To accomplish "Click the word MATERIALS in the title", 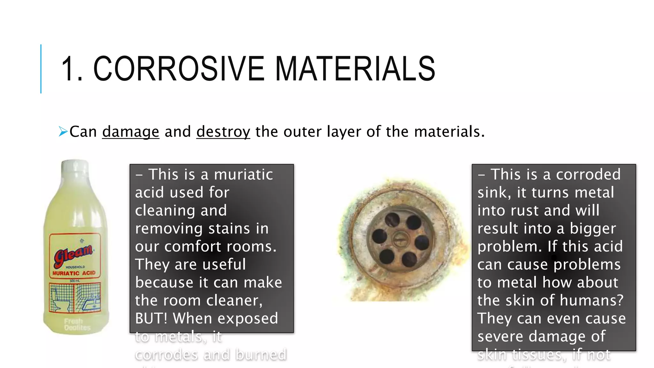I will (355, 68).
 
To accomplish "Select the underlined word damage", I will (131, 132).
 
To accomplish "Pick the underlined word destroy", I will (223, 132).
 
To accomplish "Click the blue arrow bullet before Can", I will (63, 131).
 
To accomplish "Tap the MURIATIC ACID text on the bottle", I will (74, 273).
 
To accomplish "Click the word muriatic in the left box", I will (243, 174).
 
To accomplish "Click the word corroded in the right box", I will (588, 174).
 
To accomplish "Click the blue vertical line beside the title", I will (41, 69).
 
